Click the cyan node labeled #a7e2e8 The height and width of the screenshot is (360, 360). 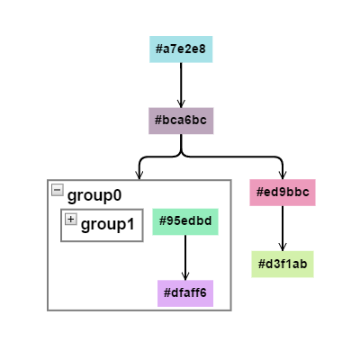[x=181, y=49]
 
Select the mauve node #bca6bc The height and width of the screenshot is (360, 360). [x=181, y=121]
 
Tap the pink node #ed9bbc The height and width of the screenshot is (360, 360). [x=283, y=193]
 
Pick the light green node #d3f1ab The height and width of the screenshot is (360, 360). [x=283, y=264]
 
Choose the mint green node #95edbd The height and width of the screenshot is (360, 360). [x=185, y=221]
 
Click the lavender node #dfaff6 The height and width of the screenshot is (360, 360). [x=185, y=293]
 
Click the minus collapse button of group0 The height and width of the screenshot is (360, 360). [x=58, y=190]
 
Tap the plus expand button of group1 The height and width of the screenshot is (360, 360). [x=71, y=219]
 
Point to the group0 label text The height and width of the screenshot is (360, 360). [x=94, y=195]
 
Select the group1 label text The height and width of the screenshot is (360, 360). [x=108, y=224]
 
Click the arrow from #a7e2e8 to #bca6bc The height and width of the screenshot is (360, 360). [x=181, y=85]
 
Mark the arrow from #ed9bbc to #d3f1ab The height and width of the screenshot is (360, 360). [x=283, y=229]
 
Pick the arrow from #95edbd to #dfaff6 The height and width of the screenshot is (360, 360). [x=185, y=257]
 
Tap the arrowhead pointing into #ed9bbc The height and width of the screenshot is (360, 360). [x=283, y=175]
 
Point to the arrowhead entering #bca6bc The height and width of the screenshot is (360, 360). [x=181, y=103]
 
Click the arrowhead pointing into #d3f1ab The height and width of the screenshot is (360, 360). [x=283, y=247]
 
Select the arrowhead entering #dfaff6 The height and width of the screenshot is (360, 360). [x=185, y=276]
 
